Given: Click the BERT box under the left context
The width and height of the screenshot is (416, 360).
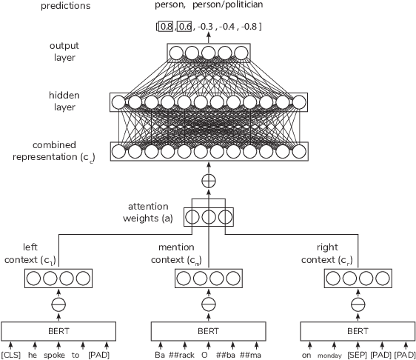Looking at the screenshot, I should (58, 330).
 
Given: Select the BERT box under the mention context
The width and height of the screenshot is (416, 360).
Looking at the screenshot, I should (208, 330).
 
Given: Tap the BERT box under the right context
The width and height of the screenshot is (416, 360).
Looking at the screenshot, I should (358, 330).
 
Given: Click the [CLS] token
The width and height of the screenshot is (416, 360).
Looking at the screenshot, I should (11, 355).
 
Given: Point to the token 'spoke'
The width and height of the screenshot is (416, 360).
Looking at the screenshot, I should (54, 355).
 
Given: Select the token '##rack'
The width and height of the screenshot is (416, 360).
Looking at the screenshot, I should (181, 355).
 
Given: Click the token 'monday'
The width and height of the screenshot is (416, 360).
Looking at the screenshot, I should (330, 356).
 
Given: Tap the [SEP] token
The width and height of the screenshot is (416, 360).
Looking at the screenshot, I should (357, 355).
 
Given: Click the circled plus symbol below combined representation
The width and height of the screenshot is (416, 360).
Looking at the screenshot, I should (208, 180).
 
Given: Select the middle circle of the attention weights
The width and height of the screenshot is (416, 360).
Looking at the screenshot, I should (208, 218).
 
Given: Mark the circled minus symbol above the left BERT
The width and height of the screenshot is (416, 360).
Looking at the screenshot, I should (58, 304).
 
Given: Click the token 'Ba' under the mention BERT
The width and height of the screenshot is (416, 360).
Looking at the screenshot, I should (159, 355).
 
